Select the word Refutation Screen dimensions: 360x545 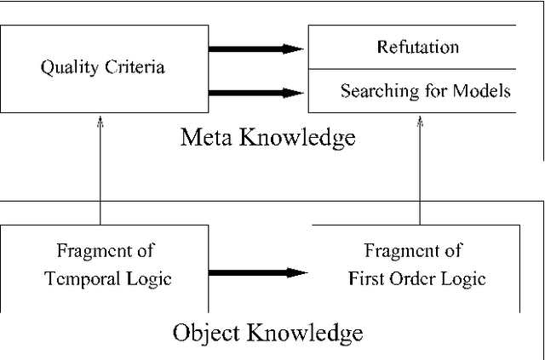coord(418,48)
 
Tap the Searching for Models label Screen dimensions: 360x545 coord(426,90)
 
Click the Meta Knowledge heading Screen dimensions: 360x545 coord(267,137)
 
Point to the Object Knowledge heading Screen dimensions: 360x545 coord(267,332)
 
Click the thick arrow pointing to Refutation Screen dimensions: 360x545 coord(255,49)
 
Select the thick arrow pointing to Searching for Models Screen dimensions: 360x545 coord(255,92)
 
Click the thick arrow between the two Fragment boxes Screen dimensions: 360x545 coord(255,272)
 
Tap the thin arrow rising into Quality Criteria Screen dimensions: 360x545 coord(100,170)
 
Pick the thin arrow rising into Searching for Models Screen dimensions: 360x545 coord(420,170)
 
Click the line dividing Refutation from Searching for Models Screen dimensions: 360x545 coord(412,69)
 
